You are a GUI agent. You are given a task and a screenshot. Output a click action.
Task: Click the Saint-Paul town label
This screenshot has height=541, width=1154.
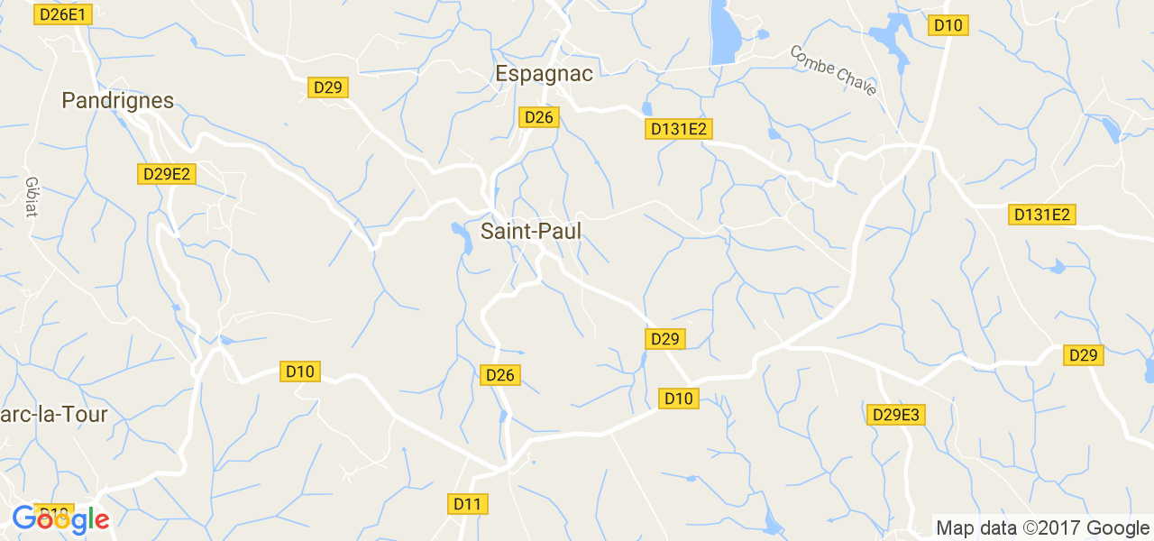530,232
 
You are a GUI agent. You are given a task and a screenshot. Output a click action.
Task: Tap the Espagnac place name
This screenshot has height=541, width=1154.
544,74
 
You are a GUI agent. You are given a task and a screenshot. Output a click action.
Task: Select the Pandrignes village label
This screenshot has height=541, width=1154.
117,101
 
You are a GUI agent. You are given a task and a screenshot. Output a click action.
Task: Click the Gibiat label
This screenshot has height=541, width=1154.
32,196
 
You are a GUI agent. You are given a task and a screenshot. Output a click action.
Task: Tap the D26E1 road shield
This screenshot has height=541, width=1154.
62,14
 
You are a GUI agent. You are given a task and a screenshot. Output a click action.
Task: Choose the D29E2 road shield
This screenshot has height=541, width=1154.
167,174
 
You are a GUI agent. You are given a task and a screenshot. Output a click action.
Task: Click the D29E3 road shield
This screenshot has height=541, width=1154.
896,415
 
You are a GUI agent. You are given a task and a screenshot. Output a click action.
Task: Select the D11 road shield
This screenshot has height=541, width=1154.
467,504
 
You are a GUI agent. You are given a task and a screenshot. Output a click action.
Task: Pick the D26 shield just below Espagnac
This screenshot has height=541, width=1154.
539,116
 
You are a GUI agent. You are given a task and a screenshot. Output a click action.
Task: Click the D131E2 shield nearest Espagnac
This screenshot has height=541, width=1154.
679,129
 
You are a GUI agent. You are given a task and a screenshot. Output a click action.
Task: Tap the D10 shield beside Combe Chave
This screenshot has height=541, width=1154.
948,25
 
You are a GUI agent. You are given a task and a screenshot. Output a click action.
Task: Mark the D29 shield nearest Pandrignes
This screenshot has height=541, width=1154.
328,87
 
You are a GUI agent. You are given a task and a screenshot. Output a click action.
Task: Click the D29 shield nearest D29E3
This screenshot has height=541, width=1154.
1083,355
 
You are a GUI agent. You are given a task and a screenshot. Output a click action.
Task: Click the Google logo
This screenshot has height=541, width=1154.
60,520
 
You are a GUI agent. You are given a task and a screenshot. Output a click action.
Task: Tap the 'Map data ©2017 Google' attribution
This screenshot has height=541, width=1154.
1042,528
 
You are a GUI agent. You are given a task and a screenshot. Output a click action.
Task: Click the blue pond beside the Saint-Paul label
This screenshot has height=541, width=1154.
461,237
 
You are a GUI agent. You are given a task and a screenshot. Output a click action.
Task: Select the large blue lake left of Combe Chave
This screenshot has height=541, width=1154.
722,32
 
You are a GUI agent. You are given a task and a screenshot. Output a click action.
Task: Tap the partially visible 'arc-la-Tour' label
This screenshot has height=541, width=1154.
54,415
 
